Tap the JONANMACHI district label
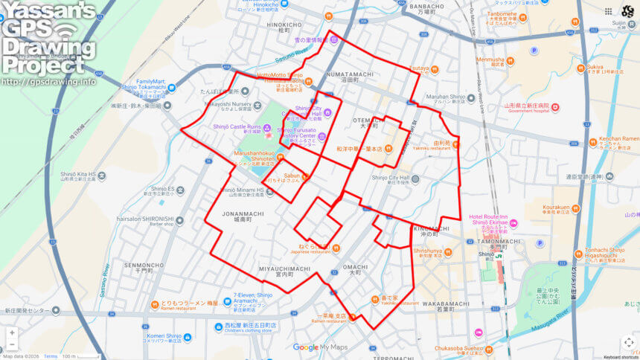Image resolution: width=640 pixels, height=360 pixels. (242, 213)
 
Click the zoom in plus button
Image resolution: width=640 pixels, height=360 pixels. (12, 332)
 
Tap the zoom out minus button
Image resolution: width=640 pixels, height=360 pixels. (12, 344)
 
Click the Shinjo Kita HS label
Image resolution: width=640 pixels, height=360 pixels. (78, 175)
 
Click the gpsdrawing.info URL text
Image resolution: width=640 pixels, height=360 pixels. (49, 81)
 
